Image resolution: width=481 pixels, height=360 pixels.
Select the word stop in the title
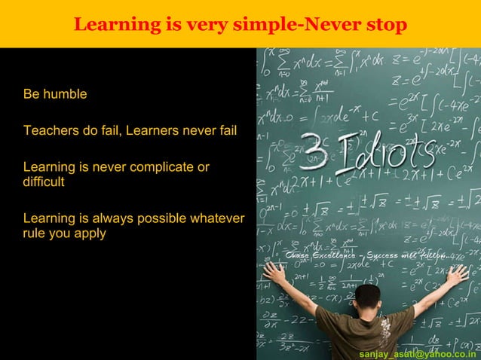(x=385, y=25)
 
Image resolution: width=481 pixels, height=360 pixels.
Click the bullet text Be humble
(x=55, y=95)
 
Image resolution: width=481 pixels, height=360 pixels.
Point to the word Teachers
(x=51, y=131)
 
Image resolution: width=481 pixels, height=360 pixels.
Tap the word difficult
(x=44, y=182)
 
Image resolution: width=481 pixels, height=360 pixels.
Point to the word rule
(x=35, y=233)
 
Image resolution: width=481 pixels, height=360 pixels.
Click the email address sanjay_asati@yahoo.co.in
(x=417, y=352)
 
